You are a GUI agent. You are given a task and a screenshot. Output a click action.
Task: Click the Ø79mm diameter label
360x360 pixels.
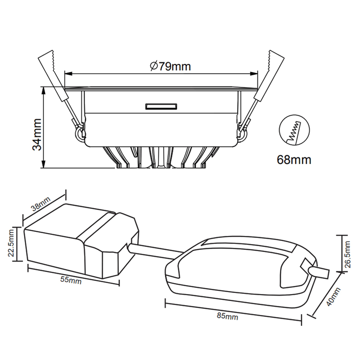pyautogui.click(x=171, y=66)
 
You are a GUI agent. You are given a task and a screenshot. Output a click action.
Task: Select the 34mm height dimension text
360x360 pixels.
pyautogui.click(x=37, y=135)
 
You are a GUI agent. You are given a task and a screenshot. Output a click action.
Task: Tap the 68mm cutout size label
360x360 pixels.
pyautogui.click(x=294, y=160)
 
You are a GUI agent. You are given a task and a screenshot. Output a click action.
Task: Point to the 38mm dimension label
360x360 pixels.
pyautogui.click(x=40, y=204)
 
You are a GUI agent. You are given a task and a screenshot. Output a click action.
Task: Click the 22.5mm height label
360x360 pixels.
pyautogui.click(x=11, y=243)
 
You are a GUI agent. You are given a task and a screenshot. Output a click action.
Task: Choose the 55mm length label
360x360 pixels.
pyautogui.click(x=71, y=280)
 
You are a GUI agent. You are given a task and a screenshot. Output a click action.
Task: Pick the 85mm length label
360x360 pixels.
pyautogui.click(x=227, y=316)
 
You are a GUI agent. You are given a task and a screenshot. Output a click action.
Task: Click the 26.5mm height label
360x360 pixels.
pyautogui.click(x=347, y=254)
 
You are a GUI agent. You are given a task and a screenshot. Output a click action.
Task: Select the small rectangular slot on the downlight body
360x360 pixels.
pyautogui.click(x=161, y=107)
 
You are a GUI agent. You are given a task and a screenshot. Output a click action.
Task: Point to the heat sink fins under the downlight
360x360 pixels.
pyautogui.click(x=161, y=157)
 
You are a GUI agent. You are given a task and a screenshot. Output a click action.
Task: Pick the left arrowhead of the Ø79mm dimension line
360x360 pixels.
pyautogui.click(x=69, y=74)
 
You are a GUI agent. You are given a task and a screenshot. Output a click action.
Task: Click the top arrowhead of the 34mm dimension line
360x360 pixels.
pyautogui.click(x=43, y=90)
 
